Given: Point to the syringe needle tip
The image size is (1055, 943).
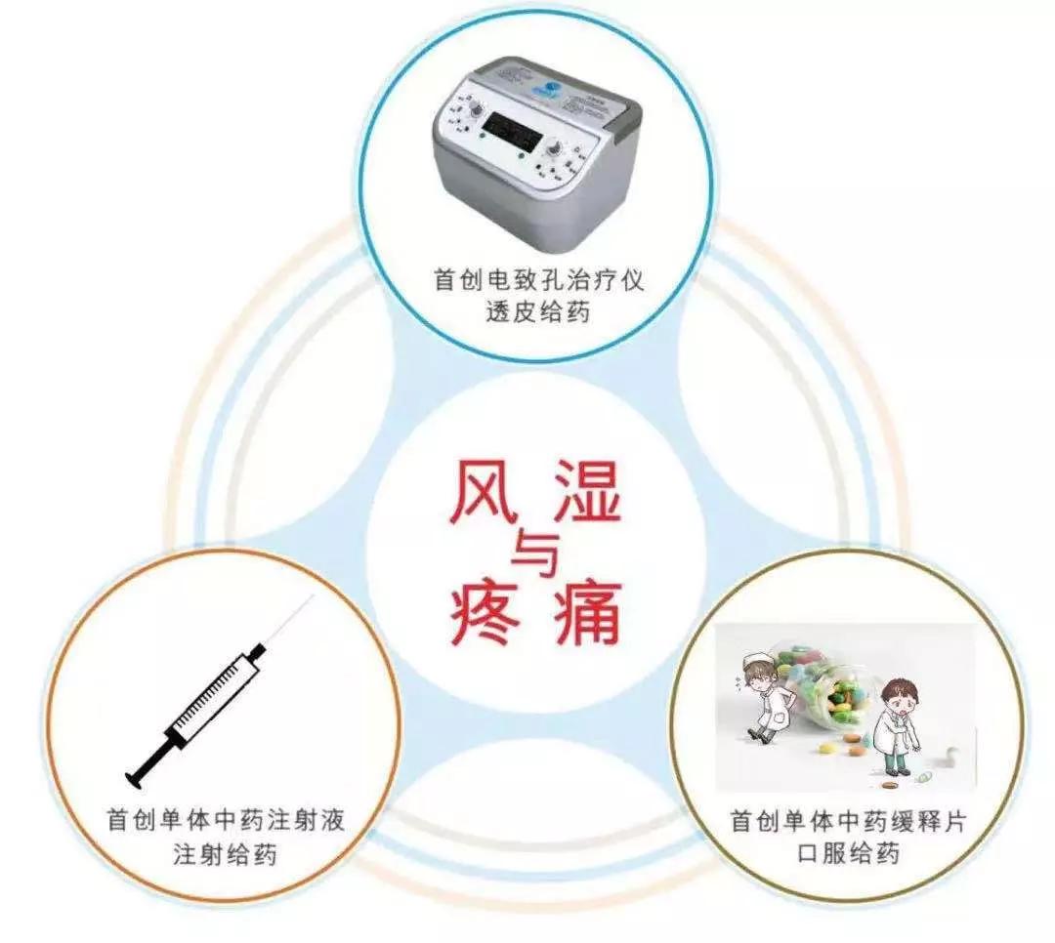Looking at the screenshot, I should (310, 597).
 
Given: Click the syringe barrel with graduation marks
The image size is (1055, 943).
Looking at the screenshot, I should (213, 694).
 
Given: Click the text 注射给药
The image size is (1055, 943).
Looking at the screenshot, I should (226, 855).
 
